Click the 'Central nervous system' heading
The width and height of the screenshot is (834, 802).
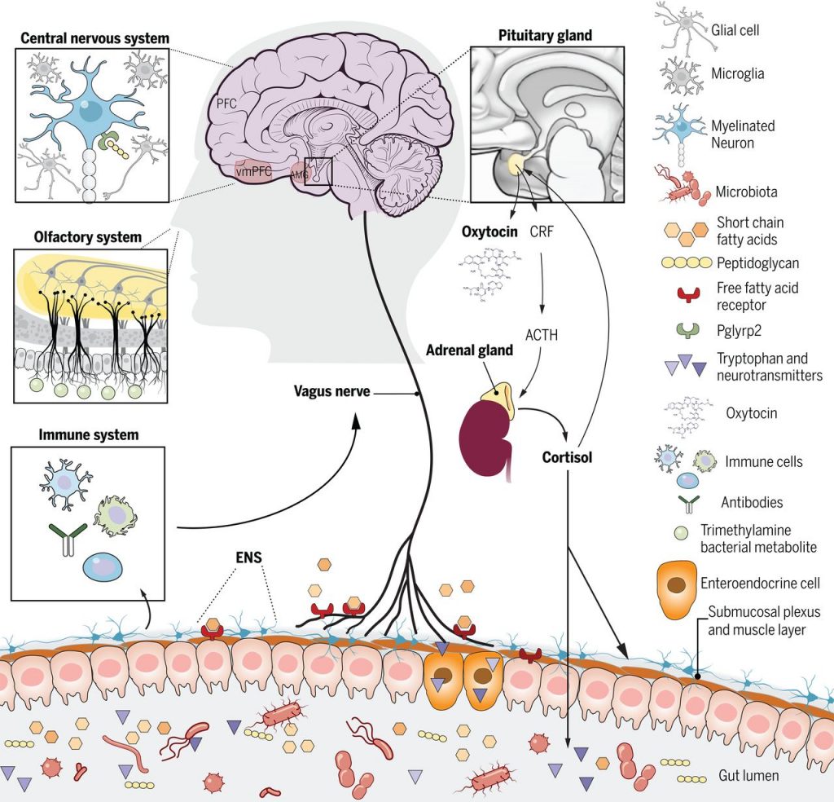[x=94, y=37]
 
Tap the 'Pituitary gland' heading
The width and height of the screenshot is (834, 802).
[x=544, y=36]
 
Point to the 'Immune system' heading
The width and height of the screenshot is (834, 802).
[x=89, y=435]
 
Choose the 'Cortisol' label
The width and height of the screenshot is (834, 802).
[x=567, y=457]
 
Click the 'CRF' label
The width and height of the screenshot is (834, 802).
[x=541, y=231]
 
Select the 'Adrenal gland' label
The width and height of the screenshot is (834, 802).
[x=469, y=350]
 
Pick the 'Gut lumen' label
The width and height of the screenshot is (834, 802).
[x=748, y=775]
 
